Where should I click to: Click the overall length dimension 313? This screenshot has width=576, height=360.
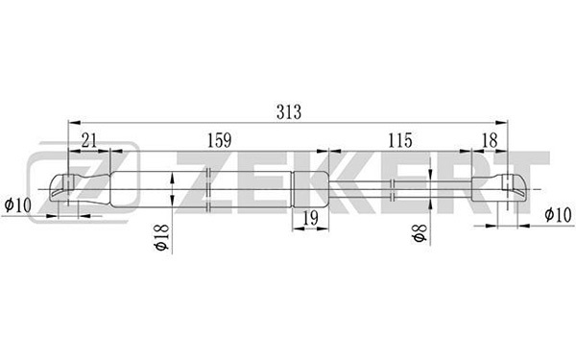click(289, 112)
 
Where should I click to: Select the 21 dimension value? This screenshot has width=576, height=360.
click(89, 140)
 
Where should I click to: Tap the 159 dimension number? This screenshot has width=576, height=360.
click(219, 140)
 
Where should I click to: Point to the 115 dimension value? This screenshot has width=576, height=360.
click(400, 140)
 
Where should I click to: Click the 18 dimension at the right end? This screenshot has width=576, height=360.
click(490, 140)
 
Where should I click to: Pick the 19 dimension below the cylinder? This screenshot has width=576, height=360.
click(310, 219)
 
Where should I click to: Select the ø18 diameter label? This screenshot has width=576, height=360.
click(162, 238)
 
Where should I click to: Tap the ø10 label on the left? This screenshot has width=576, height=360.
click(18, 205)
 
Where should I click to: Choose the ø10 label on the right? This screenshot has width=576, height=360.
click(558, 215)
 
